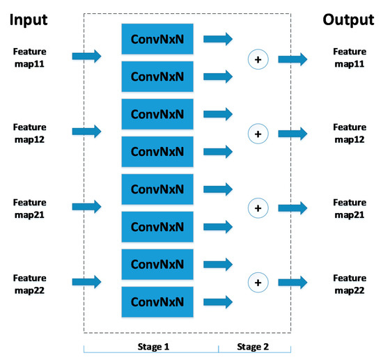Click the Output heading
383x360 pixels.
[x=348, y=19]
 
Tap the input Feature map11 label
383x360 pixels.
[x=29, y=57]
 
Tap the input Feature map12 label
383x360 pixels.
[x=29, y=132]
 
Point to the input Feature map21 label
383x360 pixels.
[x=29, y=207]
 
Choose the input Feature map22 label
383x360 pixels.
[x=29, y=282]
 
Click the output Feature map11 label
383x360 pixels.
[x=350, y=57]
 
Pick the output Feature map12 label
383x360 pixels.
[x=350, y=132]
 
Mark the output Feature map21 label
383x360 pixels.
[x=350, y=208]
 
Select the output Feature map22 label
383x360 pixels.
[x=350, y=282]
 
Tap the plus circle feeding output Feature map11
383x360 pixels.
[x=258, y=60]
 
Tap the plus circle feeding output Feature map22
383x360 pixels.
[x=258, y=282]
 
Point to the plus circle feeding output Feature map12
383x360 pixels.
[x=258, y=133]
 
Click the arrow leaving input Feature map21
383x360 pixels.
[x=87, y=205]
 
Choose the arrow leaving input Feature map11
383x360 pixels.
[x=87, y=56]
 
